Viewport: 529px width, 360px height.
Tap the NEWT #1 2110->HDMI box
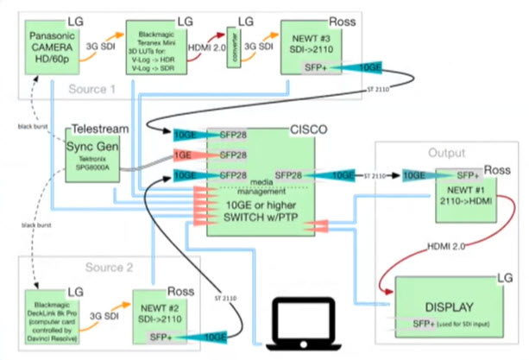(x=465, y=197)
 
